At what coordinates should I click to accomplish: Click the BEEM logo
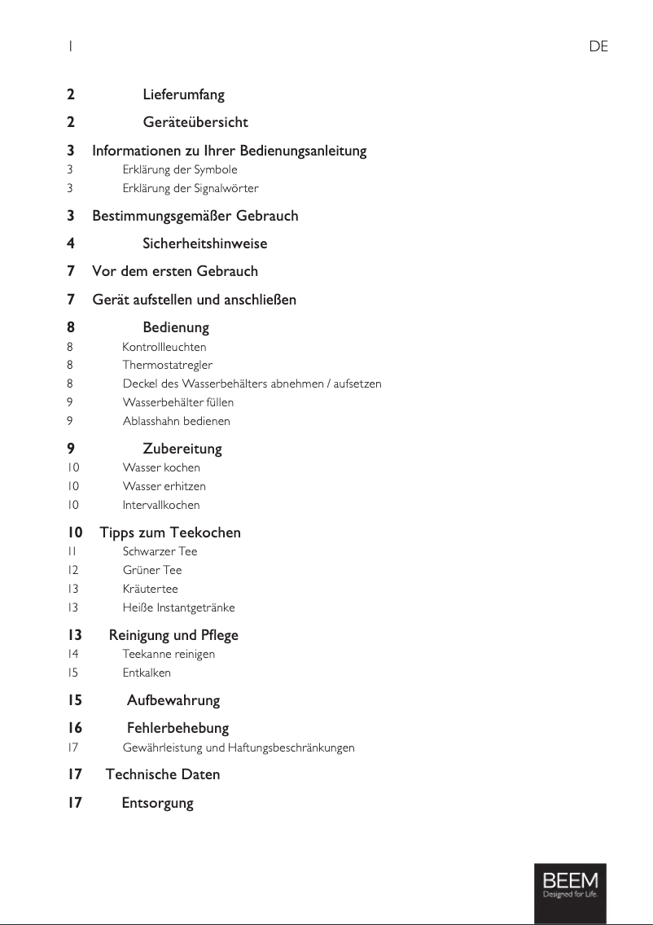570,886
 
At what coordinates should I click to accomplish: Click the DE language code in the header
598,47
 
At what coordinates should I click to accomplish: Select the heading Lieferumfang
183,95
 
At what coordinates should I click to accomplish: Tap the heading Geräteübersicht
195,122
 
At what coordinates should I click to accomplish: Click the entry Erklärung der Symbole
180,169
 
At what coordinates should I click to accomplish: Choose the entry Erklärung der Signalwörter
191,188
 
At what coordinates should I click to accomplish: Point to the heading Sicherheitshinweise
204,243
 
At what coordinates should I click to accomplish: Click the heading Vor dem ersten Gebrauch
175,271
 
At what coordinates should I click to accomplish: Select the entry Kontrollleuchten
164,347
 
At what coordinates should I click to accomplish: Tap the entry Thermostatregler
167,365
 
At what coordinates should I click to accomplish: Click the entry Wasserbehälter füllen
177,402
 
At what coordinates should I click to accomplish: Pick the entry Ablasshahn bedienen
176,421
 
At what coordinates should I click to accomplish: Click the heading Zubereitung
182,449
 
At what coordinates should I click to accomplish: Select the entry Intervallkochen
161,505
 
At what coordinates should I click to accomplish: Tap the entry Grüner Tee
152,570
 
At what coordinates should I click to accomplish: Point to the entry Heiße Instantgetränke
178,607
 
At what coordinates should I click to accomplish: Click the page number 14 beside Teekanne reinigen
73,654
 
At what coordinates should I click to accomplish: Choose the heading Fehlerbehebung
177,728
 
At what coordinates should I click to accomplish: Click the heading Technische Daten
163,774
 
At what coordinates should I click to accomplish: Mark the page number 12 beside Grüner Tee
73,570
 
